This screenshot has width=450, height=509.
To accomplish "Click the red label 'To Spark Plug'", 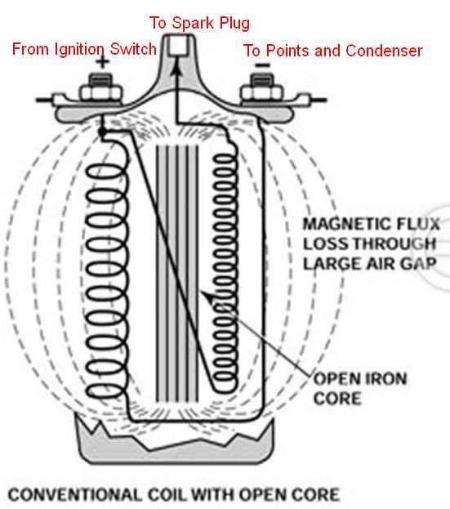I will (x=200, y=22).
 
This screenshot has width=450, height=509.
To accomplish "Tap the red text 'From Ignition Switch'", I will (x=84, y=49).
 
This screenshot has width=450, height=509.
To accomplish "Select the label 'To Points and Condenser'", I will (x=332, y=51).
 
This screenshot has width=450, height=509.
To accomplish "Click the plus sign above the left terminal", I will (x=102, y=62).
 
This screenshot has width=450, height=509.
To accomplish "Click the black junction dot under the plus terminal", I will (x=100, y=132).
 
